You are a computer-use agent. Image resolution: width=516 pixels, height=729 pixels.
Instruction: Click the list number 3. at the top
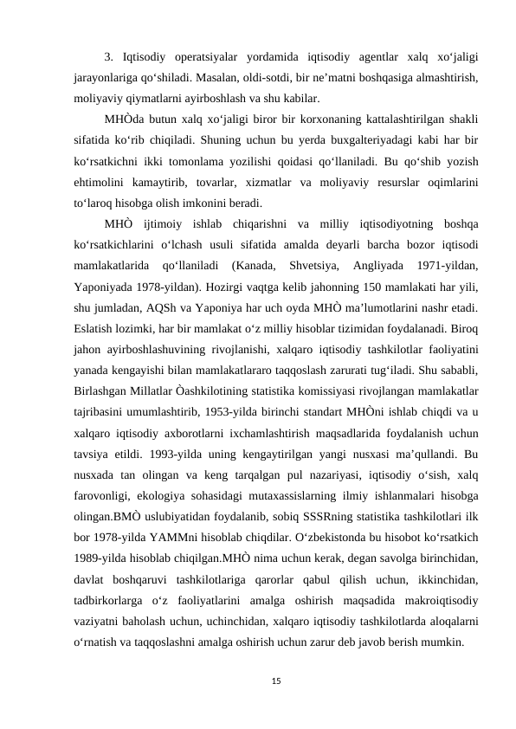point(108,58)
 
